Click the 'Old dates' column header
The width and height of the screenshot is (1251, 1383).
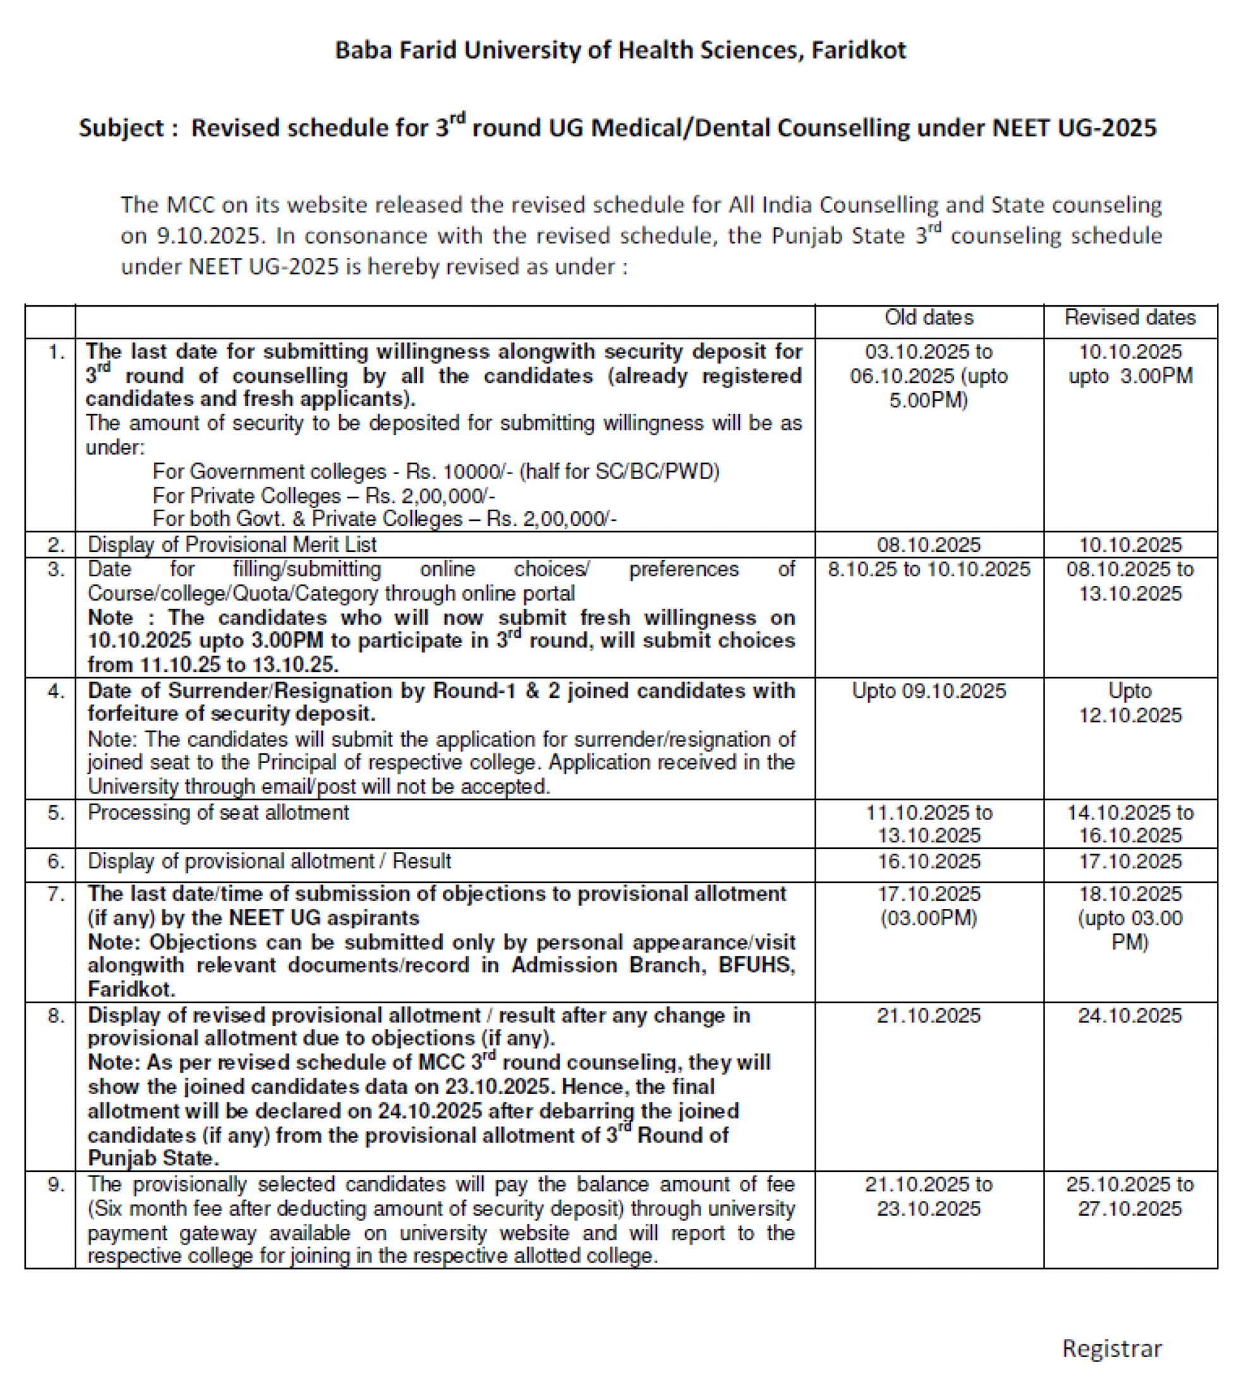pyautogui.click(x=929, y=318)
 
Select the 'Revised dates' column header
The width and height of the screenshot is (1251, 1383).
pyautogui.click(x=1130, y=318)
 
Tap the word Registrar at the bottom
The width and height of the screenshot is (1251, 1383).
pyautogui.click(x=1112, y=1349)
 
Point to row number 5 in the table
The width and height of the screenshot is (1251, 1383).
pyautogui.click(x=56, y=813)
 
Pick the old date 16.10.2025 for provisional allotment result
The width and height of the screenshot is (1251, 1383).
pyautogui.click(x=929, y=862)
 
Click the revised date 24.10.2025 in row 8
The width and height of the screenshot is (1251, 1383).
pyautogui.click(x=1130, y=1016)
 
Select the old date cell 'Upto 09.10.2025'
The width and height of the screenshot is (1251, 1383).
pyautogui.click(x=929, y=691)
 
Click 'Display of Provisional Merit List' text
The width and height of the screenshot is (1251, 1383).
pyautogui.click(x=232, y=545)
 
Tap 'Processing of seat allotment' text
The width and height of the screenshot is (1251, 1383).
pyautogui.click(x=218, y=813)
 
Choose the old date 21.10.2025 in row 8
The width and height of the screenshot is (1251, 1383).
pyautogui.click(x=929, y=1016)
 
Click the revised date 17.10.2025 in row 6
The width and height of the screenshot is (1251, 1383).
pyautogui.click(x=1130, y=862)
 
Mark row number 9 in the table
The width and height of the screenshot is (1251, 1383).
pyautogui.click(x=56, y=1185)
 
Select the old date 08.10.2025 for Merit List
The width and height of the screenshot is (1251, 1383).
pyautogui.click(x=929, y=545)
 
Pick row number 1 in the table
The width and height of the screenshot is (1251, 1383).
pyautogui.click(x=56, y=353)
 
